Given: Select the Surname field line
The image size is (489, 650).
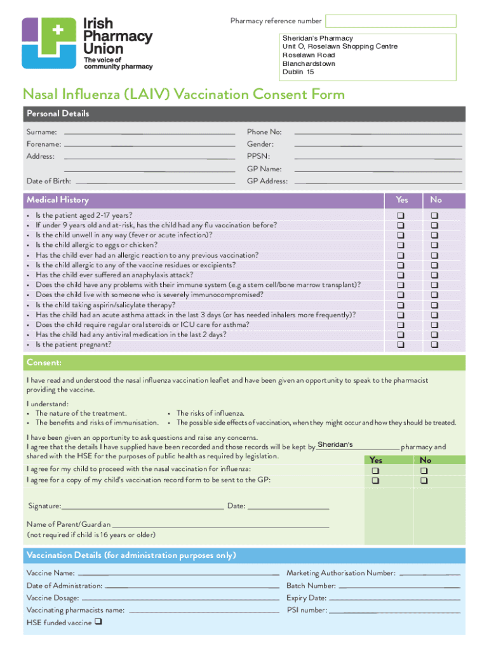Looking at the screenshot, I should tap(149, 133).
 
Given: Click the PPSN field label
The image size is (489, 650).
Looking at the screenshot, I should tap(258, 156).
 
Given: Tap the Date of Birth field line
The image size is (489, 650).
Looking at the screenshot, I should tap(155, 182).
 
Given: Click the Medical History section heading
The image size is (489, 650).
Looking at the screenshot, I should tap(58, 200).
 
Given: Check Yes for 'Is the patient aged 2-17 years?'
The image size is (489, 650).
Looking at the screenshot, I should tap(401, 216).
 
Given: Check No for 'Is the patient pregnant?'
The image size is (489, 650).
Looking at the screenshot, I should tap(435, 345).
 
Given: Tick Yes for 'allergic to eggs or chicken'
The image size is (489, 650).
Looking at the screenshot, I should tap(401, 245).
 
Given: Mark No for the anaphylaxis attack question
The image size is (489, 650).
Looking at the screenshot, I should tap(435, 275).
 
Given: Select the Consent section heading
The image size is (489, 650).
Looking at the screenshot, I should tap(44, 362).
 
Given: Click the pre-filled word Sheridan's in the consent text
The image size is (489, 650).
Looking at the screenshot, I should tap(335, 444).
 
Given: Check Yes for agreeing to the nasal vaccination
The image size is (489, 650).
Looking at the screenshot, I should tap(375, 470).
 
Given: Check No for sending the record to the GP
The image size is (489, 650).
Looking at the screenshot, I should tap(424, 481).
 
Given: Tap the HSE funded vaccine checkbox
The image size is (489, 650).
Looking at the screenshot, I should tap(99, 622).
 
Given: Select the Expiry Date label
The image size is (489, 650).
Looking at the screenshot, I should tap(306, 599).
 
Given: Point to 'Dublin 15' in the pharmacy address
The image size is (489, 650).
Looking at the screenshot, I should tap(298, 72).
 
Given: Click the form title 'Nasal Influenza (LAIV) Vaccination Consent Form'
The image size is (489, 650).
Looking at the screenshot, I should tap(184, 95).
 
